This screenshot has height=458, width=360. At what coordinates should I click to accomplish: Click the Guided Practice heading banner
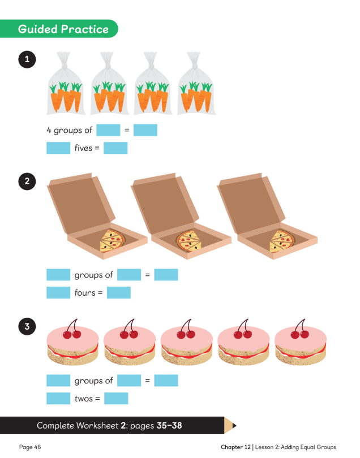[x=58, y=29]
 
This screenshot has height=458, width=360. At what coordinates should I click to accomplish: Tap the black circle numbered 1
[x=27, y=59]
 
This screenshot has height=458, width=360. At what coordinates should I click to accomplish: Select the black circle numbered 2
[x=27, y=182]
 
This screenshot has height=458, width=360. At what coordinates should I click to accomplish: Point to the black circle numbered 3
[x=27, y=326]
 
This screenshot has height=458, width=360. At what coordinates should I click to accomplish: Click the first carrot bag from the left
[x=66, y=83]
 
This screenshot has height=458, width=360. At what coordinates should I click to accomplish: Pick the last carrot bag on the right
[x=196, y=83]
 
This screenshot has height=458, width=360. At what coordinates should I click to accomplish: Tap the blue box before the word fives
[x=58, y=148]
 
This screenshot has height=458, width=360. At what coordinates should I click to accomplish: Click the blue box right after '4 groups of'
[x=108, y=130]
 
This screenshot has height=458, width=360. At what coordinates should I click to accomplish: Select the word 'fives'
[x=83, y=148]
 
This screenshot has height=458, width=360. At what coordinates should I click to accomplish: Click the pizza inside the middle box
[x=189, y=241]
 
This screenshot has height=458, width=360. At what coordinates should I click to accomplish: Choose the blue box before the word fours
[x=58, y=293]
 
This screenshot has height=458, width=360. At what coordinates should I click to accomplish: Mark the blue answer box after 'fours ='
[x=119, y=293]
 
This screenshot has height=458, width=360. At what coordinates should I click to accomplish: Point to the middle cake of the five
[x=187, y=342]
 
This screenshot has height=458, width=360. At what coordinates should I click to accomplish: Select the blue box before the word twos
[x=58, y=399]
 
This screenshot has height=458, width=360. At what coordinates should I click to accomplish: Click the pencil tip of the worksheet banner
[x=234, y=426]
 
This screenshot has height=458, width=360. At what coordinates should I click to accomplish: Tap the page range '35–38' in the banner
[x=169, y=425]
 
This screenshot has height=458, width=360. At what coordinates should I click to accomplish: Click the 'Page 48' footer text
[x=30, y=447]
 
